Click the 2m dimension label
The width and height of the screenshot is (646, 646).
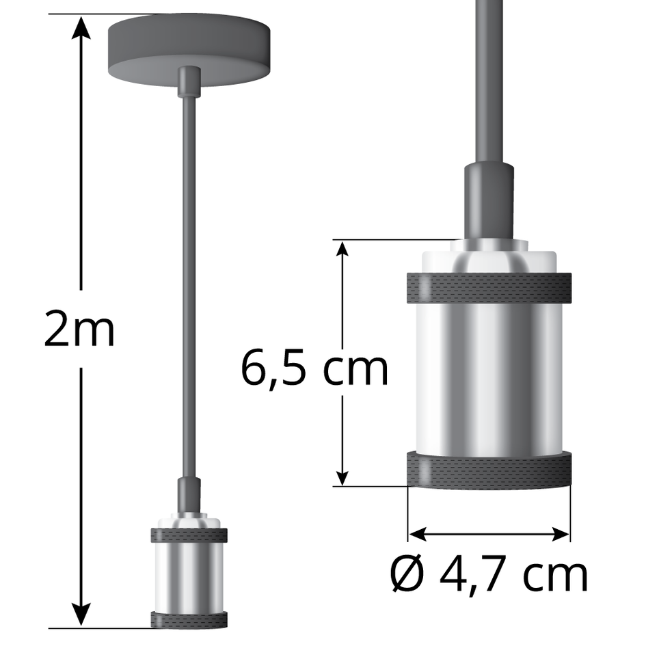click(x=79, y=329)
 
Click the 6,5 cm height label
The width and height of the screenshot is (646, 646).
click(x=314, y=369)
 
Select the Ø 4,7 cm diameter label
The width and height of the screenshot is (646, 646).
click(x=489, y=574)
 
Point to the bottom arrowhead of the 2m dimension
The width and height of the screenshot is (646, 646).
click(x=82, y=615)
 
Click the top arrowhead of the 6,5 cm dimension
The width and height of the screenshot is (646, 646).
click(x=342, y=250)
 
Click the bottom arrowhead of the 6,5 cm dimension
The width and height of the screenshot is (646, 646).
click(x=342, y=476)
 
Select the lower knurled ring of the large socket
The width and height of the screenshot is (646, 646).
click(x=489, y=470)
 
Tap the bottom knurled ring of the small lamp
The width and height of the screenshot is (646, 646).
click(x=189, y=619)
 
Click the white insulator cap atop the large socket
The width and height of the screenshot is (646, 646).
click(x=489, y=258)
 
